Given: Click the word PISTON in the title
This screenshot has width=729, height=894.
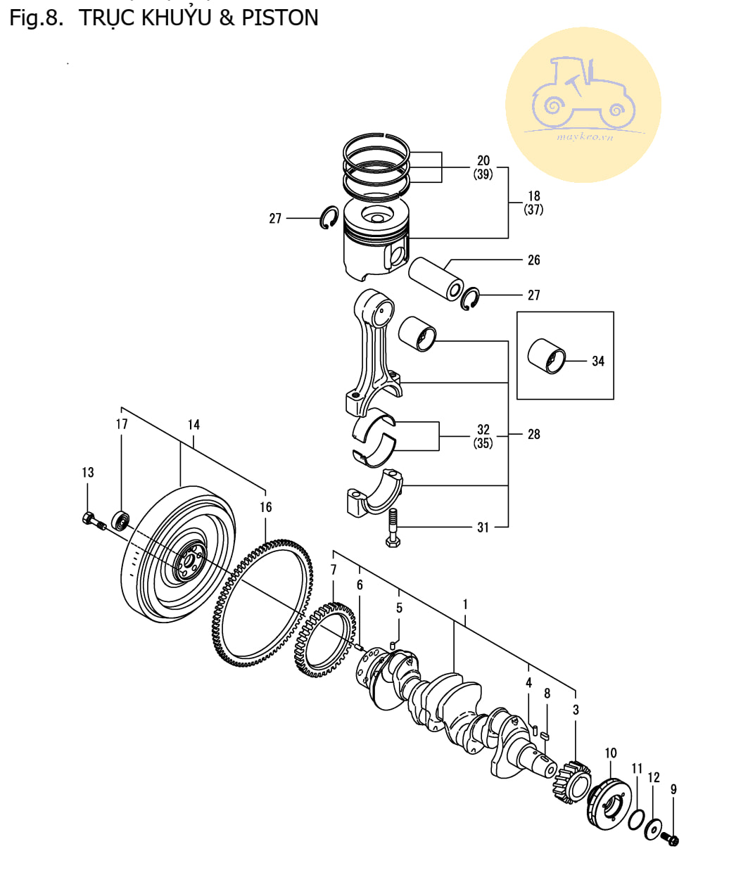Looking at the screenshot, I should (279, 18).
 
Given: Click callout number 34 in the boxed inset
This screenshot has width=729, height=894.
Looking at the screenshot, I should (597, 361).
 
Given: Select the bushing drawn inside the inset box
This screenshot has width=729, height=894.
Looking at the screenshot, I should (547, 356).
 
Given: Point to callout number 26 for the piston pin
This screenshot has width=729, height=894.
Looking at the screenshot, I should (533, 260).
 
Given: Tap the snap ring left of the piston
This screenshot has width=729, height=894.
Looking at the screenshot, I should (329, 218).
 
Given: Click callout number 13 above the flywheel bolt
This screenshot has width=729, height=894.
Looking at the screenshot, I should (87, 472).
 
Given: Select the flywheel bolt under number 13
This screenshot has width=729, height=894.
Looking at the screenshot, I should (93, 521).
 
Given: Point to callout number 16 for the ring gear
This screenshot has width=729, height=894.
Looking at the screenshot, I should (265, 506).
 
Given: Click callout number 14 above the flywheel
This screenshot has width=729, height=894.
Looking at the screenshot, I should (194, 424).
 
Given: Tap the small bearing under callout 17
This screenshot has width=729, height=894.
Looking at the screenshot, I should (121, 521).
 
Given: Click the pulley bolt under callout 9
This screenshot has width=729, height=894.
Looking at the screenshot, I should (671, 839).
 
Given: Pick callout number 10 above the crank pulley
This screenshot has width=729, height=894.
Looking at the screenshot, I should (610, 753).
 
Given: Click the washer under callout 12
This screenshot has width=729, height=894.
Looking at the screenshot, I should (654, 829).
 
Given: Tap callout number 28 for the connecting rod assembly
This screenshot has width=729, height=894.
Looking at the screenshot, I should (533, 435).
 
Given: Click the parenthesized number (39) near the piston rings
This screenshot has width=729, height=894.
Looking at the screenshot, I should (483, 174).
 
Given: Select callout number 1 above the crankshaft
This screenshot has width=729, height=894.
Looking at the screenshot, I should (465, 604).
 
